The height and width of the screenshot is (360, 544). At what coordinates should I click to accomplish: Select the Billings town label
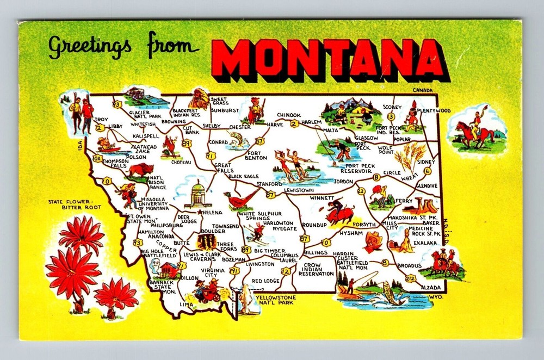316,253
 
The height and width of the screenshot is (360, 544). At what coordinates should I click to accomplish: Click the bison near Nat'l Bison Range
140,171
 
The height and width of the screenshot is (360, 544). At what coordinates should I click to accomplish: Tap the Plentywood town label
437,110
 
